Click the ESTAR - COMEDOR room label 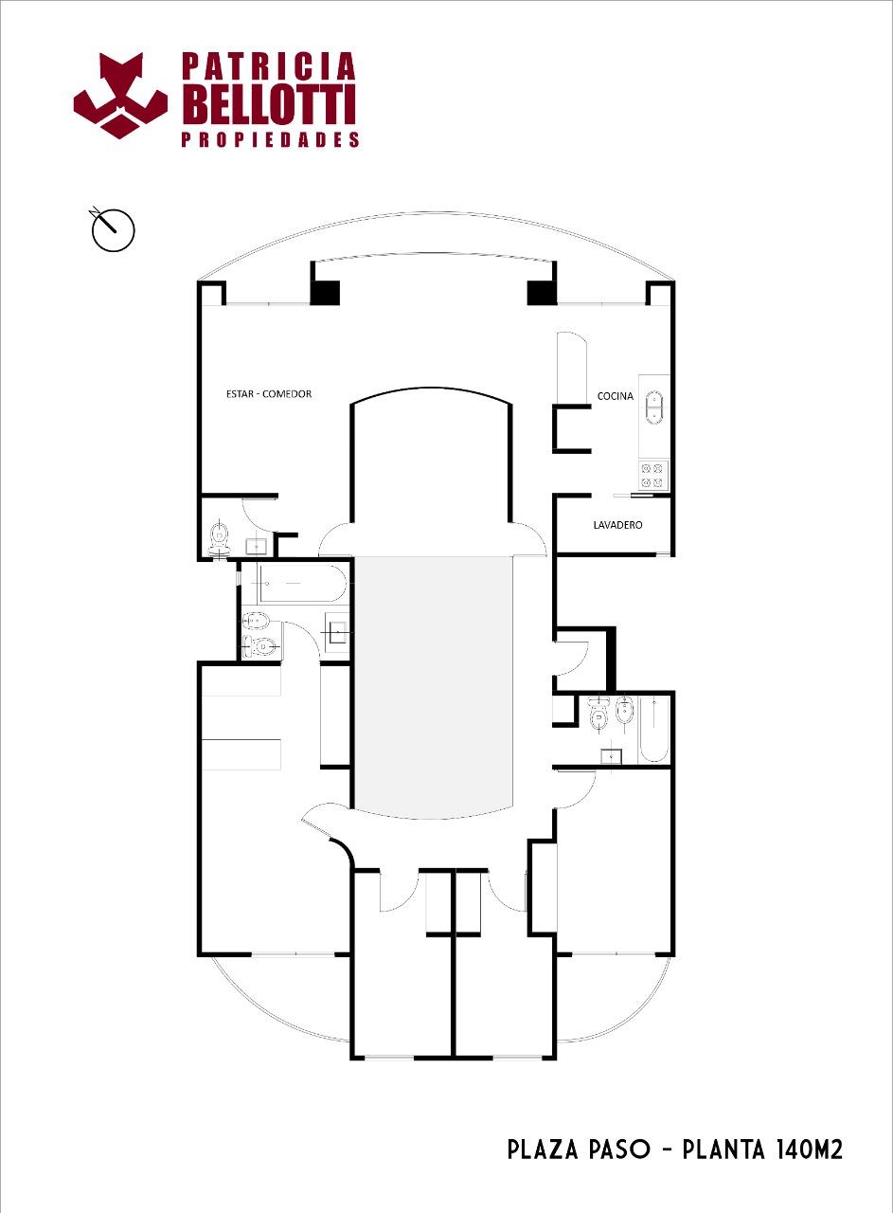coord(269,393)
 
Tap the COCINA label coord(615,396)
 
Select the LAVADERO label coord(617,525)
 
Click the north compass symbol coord(113,229)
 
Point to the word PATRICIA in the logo coord(269,66)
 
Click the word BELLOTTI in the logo coord(269,104)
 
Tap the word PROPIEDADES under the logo coord(270,139)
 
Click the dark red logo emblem coord(120,97)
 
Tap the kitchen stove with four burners coord(653,475)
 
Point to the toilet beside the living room coord(219,537)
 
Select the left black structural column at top coord(325,293)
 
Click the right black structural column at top coord(542,293)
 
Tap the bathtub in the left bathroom coord(301,585)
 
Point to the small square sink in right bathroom coord(612,755)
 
